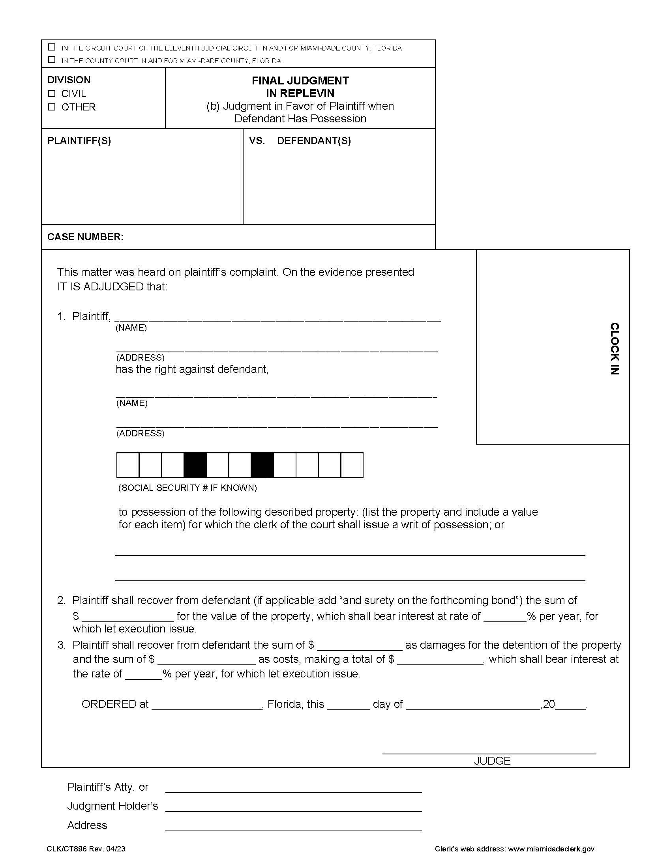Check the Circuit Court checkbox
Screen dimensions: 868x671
[x=52, y=47]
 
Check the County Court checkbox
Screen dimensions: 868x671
[x=52, y=60]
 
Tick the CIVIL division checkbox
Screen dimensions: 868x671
[x=52, y=94]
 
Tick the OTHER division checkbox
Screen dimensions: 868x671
[x=52, y=107]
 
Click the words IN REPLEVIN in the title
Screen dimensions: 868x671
[x=300, y=94]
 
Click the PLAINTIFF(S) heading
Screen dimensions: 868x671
[x=79, y=141]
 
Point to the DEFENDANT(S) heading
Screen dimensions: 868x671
[x=314, y=141]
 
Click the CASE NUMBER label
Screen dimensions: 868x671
[x=85, y=237]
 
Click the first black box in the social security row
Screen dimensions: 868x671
[x=195, y=465]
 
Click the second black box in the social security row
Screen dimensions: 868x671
[x=262, y=465]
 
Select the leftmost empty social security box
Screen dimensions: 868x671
[x=127, y=465]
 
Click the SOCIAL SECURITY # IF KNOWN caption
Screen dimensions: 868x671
[x=187, y=488]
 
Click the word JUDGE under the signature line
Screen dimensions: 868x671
[x=492, y=761]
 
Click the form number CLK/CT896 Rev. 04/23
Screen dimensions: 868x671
[x=86, y=849]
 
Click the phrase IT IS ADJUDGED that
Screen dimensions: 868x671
[x=112, y=286]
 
